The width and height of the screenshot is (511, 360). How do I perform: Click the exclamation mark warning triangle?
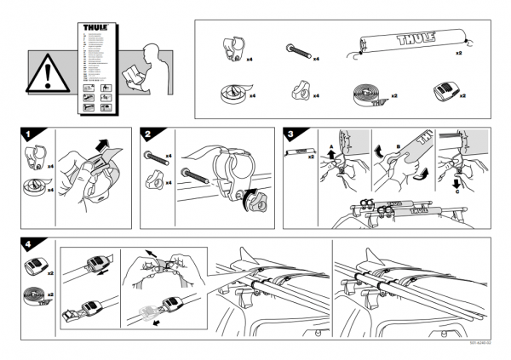[43, 76]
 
